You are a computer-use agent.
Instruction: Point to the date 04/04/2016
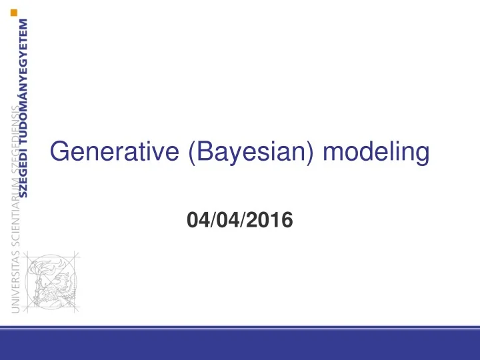pyautogui.click(x=240, y=218)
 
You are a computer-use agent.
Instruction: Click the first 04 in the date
pyautogui.click(x=198, y=218)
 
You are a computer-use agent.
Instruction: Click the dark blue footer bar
pyautogui.click(x=240, y=347)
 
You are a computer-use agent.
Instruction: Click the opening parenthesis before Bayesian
pyautogui.click(x=193, y=154)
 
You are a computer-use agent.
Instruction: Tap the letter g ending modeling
pyautogui.click(x=421, y=156)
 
